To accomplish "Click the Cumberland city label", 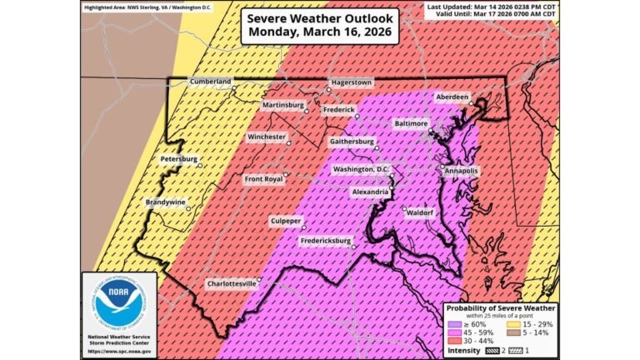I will click(209, 82).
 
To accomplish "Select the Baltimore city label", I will click(410, 122).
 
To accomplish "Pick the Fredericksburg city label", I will click(326, 242).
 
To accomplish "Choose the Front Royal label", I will click(263, 179).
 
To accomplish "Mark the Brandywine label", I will click(165, 202).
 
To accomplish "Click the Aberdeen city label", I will click(452, 97).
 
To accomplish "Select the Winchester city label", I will click(267, 137).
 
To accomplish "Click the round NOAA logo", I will click(118, 303).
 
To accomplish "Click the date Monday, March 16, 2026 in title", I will click(319, 32).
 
